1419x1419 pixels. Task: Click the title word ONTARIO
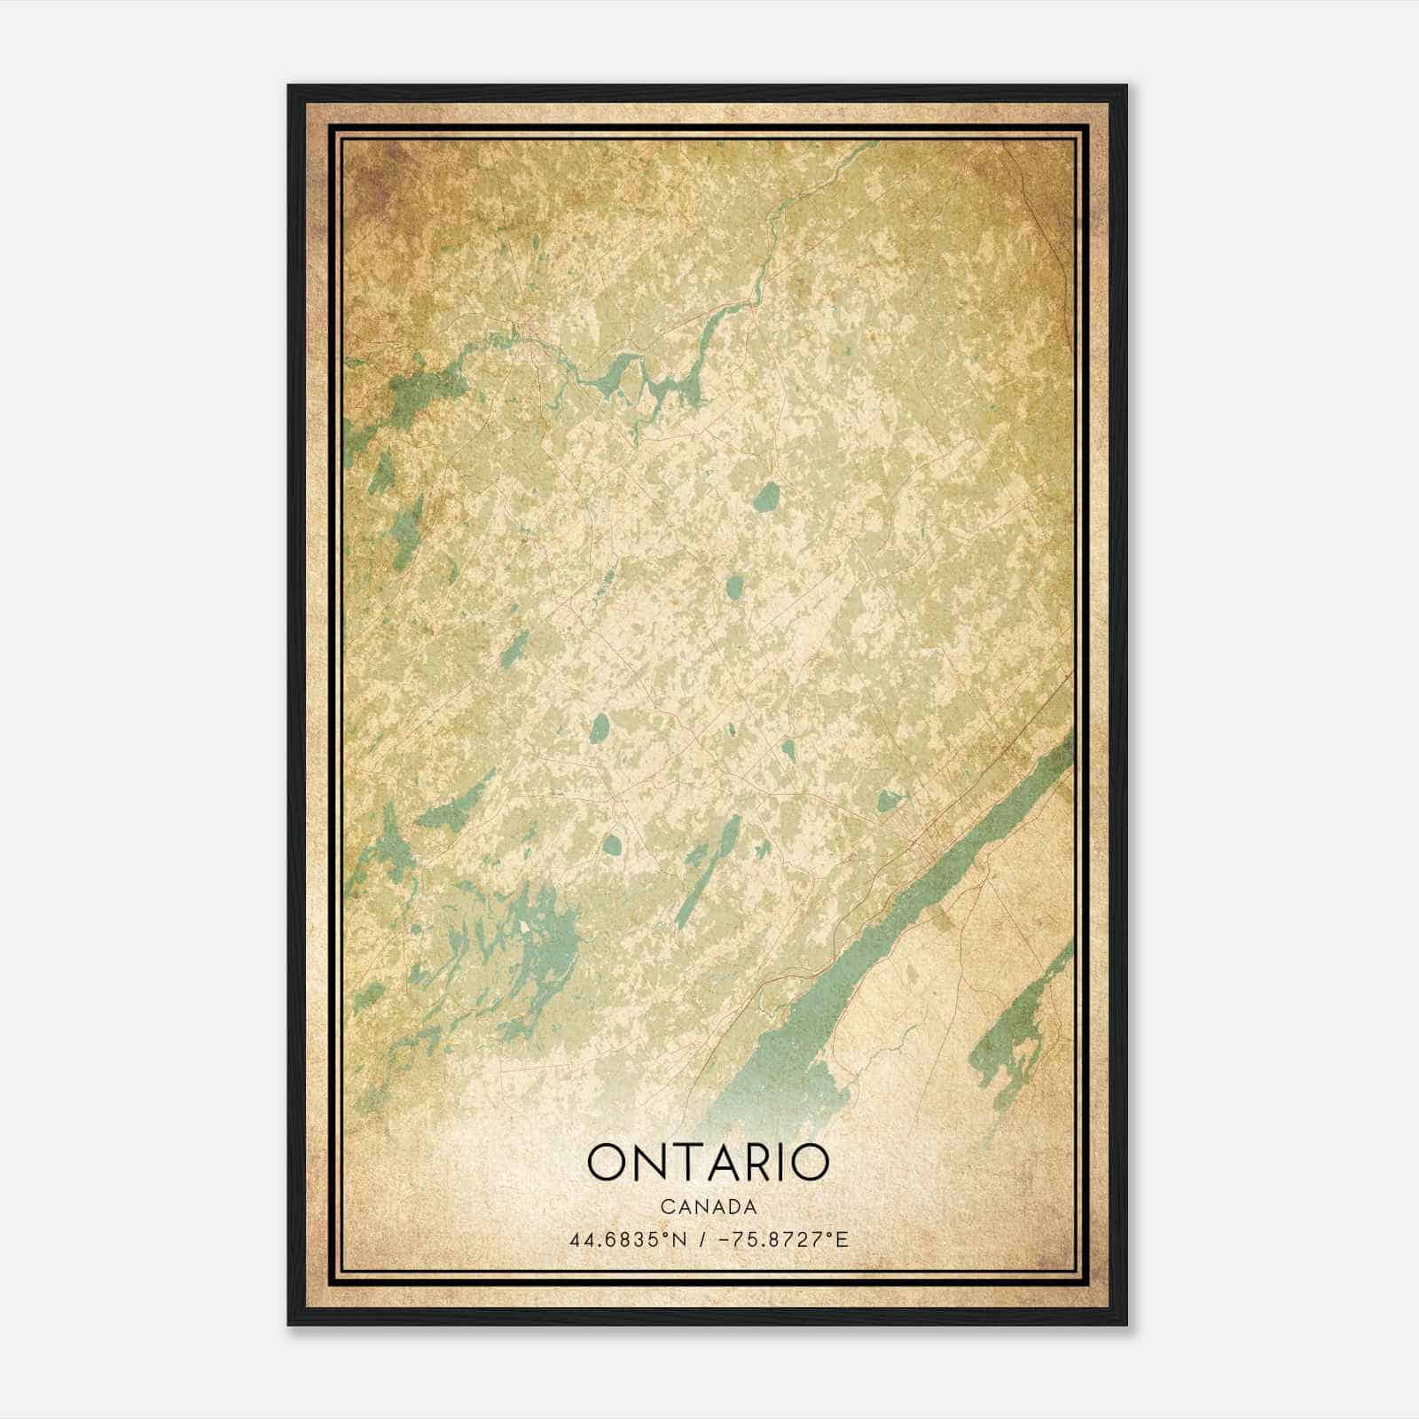(x=708, y=1163)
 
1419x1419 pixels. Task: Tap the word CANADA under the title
(x=708, y=1207)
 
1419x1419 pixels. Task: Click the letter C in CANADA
(x=665, y=1207)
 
